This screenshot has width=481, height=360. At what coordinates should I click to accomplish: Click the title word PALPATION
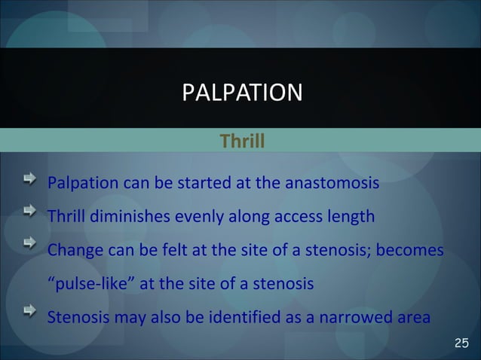tap(242, 93)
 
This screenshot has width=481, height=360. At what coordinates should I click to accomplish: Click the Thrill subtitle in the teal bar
tap(241, 141)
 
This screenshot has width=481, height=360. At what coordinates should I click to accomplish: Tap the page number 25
tap(461, 344)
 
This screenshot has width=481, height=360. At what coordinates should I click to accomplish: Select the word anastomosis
tap(334, 184)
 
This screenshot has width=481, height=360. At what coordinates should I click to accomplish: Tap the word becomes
tap(412, 250)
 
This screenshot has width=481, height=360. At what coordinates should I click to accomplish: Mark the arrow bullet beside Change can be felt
tap(28, 246)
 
